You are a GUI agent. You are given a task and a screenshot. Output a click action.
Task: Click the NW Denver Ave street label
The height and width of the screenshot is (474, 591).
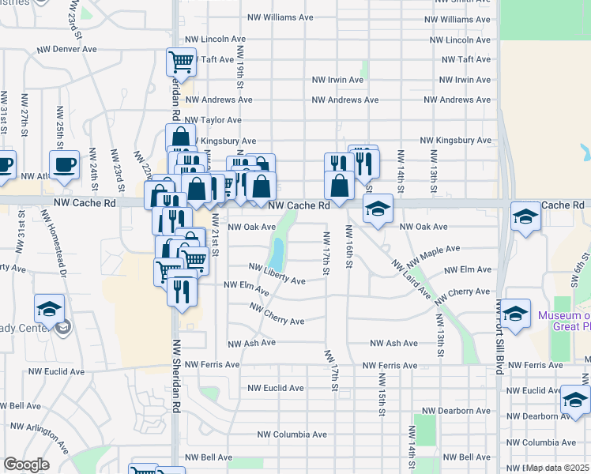coord(66,49)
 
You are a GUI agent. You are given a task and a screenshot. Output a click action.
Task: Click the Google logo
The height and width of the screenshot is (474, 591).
coord(26,465)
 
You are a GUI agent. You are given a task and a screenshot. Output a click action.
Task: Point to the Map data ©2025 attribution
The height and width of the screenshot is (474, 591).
coord(558,468)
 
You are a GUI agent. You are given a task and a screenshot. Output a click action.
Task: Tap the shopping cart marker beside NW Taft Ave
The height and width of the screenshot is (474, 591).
coord(181,62)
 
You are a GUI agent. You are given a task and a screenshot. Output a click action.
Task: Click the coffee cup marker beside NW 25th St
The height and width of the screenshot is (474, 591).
coord(64,164)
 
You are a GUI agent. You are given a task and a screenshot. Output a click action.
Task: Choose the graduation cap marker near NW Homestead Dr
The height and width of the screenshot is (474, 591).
coord(49,309)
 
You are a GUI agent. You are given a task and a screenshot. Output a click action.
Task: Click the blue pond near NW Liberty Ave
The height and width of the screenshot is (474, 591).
coord(277,252)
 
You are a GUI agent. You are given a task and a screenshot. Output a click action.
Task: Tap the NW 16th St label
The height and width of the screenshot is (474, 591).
coord(348,246)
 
